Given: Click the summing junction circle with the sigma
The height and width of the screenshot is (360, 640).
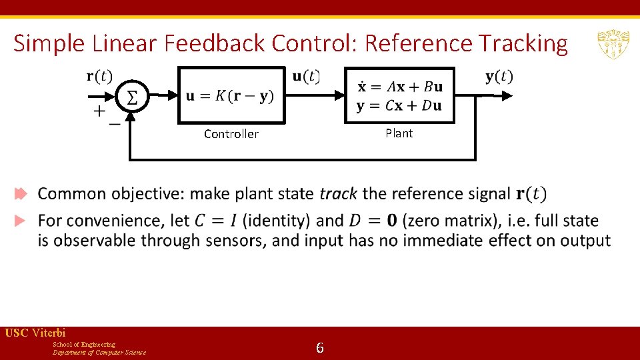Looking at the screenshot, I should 132,97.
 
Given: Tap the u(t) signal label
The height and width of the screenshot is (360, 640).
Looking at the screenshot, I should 306,76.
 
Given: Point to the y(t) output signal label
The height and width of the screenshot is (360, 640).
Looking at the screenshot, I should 499,76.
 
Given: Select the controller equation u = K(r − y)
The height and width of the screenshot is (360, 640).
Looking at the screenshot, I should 230,96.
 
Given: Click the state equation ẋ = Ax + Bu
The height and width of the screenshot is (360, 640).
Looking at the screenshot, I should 399,87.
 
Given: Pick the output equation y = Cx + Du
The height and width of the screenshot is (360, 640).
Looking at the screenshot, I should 399,106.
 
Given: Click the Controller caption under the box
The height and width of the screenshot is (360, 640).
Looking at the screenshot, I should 231,134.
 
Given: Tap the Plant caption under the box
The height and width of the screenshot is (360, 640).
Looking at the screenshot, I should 399,133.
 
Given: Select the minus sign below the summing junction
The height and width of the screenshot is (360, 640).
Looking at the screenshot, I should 115,124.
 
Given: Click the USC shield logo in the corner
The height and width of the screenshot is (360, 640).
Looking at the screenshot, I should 611,44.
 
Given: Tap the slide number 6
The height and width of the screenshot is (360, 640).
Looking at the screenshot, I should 320,347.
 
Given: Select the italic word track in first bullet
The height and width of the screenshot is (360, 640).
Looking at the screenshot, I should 338,194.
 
